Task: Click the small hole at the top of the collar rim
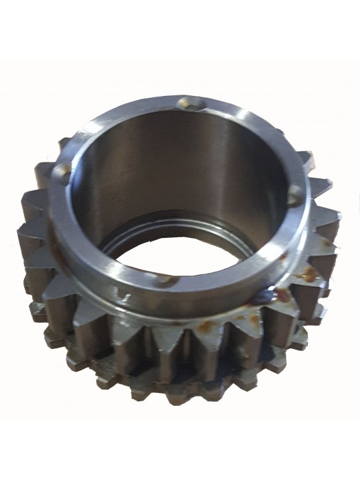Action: click(x=183, y=103)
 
